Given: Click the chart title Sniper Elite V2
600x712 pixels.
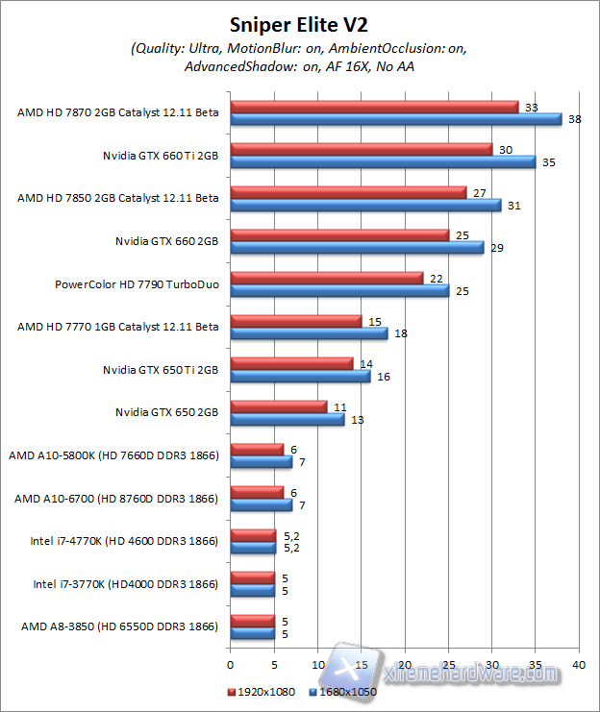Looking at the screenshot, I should pyautogui.click(x=299, y=23).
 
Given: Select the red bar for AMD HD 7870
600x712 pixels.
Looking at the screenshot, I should pyautogui.click(x=374, y=107).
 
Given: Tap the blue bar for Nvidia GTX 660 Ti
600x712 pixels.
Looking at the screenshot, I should pyautogui.click(x=383, y=161).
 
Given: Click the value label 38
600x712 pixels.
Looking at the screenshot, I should pyautogui.click(x=575, y=120).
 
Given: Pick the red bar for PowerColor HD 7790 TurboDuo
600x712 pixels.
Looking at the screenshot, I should pyautogui.click(x=326, y=278).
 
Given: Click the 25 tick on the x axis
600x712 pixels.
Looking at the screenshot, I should pyautogui.click(x=448, y=664).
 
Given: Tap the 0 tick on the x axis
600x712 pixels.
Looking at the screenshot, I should pyautogui.click(x=231, y=664).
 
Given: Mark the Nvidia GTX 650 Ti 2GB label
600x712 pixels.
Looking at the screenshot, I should pyautogui.click(x=161, y=369).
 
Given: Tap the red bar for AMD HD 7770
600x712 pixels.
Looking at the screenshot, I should pyautogui.click(x=295, y=321).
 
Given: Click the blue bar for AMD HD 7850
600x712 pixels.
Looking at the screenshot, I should pyautogui.click(x=365, y=205).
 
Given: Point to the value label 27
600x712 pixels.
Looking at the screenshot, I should pyautogui.click(x=477, y=193).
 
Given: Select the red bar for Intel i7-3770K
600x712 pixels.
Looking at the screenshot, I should pyautogui.click(x=252, y=577).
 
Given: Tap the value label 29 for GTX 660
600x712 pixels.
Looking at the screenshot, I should pyautogui.click(x=496, y=249).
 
